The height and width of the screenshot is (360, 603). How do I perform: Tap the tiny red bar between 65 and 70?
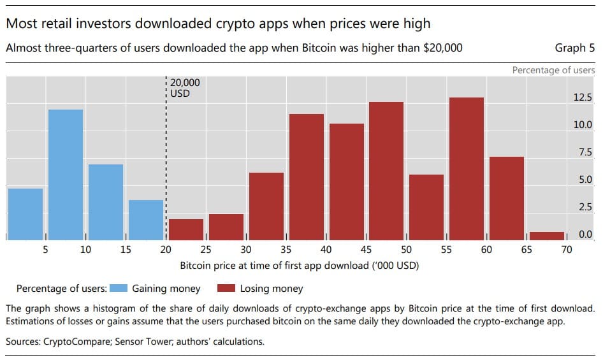point(547,236)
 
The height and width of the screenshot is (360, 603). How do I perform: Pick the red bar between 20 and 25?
point(186,229)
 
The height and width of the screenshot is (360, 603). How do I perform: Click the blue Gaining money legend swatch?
point(118,289)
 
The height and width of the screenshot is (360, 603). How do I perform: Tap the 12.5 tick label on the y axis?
point(583,97)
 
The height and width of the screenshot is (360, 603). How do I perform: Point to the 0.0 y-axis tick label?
point(585,234)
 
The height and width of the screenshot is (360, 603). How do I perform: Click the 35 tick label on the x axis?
point(286,250)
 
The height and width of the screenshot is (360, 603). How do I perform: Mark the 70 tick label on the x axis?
point(567,250)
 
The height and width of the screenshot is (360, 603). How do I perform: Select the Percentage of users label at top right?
point(553,70)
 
